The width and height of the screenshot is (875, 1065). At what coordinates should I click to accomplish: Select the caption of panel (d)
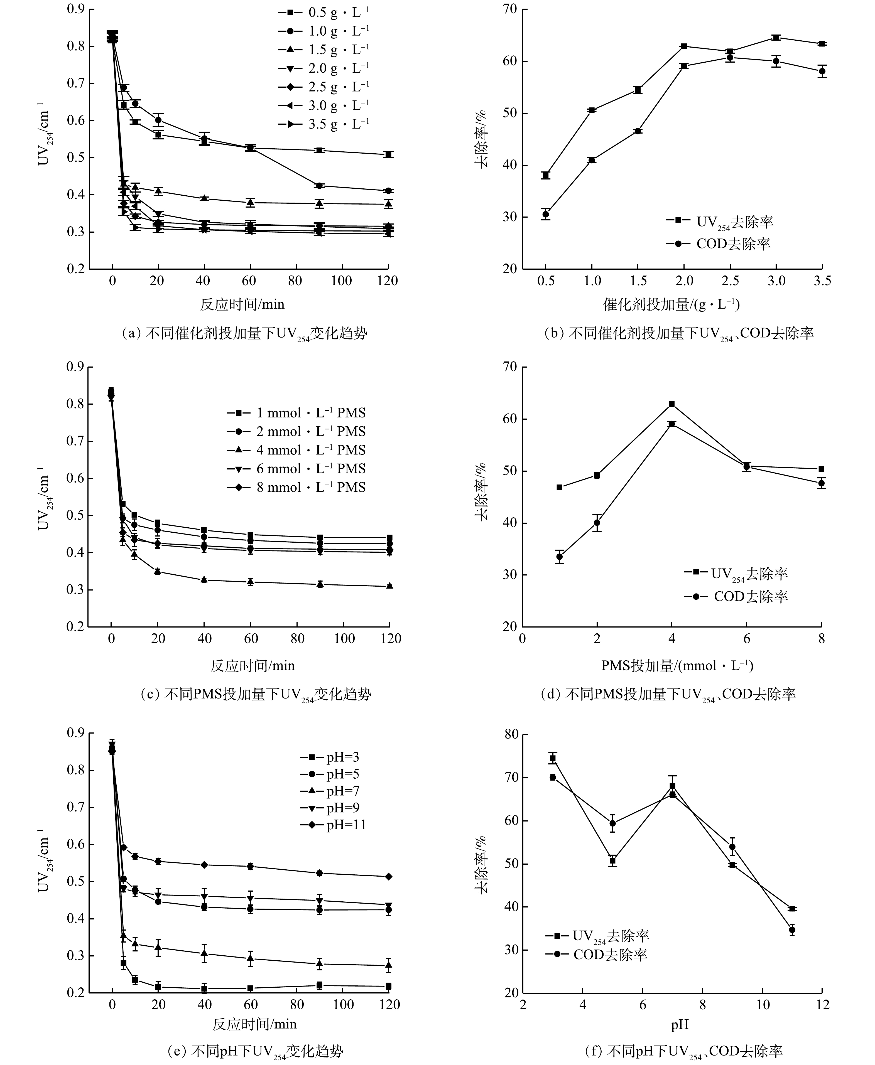point(668,695)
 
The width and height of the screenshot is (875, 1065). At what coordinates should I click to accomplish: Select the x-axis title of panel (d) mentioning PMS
point(677,665)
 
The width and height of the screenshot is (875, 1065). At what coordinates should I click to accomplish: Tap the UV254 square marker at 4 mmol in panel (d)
point(672,404)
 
